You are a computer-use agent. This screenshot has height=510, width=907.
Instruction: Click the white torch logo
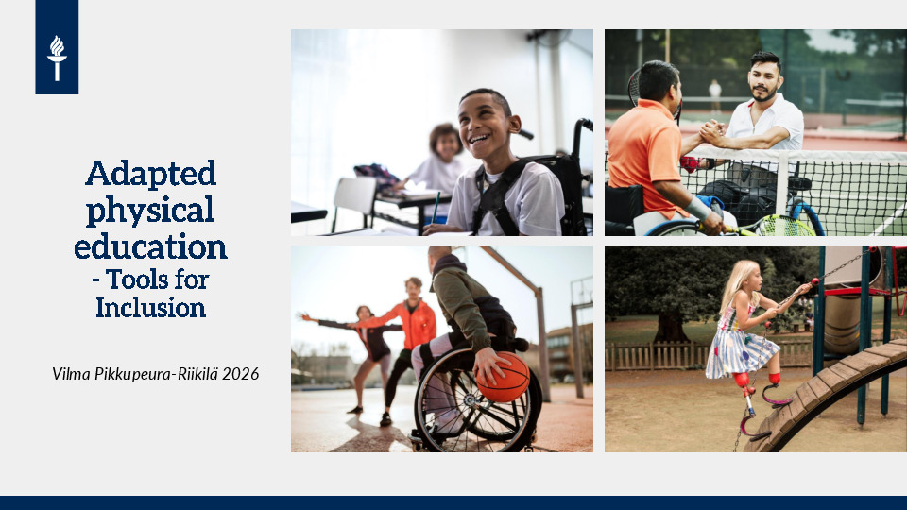[57, 58]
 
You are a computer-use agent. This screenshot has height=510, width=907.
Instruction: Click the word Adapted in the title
[151, 173]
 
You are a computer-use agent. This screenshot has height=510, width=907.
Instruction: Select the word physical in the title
[150, 211]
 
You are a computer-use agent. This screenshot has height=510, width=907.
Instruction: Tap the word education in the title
[150, 246]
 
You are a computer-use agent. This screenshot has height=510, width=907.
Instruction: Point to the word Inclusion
[150, 308]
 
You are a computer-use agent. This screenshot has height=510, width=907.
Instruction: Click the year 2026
[241, 374]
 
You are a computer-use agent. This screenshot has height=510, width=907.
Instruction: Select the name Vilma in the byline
[71, 374]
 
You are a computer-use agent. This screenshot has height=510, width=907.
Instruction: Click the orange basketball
[503, 377]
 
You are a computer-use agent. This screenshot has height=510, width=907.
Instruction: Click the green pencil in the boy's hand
[436, 207]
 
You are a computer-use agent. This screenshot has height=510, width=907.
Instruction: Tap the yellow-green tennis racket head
[784, 226]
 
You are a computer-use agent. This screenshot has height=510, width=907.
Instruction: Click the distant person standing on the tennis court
[715, 96]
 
